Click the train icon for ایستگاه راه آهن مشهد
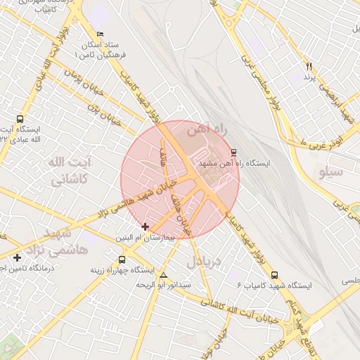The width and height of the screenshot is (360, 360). (233, 153)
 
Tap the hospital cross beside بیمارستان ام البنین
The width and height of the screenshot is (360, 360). (146, 226)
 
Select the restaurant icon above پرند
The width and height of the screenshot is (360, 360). (308, 67)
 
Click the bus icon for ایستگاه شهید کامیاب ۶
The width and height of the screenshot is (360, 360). (274, 276)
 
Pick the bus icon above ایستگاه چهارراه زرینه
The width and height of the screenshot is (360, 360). (122, 259)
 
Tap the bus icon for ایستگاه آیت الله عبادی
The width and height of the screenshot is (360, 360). (20, 120)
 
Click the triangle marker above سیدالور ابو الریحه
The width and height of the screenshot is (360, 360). (164, 275)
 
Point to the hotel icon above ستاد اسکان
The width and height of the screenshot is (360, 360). (100, 34)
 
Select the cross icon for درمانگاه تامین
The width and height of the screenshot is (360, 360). (17, 257)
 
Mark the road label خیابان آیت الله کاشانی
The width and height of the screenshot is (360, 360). (239, 309)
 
